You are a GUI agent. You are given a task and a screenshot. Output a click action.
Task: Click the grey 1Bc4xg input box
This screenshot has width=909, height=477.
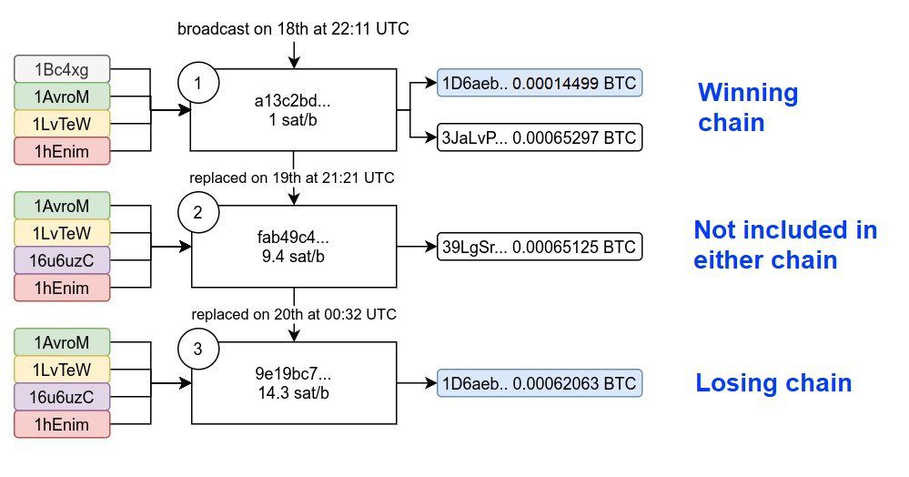[x=62, y=69]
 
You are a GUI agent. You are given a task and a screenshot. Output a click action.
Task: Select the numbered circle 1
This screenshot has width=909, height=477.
[x=198, y=83]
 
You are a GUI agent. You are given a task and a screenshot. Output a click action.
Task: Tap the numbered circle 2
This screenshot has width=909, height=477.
[x=198, y=212]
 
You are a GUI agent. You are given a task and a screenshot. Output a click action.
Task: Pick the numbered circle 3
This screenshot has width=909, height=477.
[x=198, y=349]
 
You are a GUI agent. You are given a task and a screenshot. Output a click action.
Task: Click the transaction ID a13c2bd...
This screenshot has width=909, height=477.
[x=292, y=101]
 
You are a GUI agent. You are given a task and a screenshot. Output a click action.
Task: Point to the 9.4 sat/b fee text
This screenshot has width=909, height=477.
[x=293, y=256]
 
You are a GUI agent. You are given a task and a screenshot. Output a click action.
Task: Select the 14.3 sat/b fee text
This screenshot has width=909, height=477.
[x=293, y=393]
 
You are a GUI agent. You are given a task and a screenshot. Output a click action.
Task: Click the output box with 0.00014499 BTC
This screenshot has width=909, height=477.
[x=540, y=83]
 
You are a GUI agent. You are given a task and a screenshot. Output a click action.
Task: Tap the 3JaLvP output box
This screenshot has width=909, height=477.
[x=540, y=137]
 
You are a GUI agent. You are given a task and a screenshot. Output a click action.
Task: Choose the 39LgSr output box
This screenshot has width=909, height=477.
[x=540, y=247]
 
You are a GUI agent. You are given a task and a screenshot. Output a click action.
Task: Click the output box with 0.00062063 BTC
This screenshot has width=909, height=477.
[x=540, y=383]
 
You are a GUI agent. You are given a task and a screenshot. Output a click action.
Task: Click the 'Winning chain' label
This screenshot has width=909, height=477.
[x=748, y=108]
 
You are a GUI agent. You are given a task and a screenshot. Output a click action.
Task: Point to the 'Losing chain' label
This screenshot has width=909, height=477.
[x=773, y=383]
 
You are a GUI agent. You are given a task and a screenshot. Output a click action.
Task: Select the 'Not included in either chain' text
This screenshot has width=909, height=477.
[x=785, y=245]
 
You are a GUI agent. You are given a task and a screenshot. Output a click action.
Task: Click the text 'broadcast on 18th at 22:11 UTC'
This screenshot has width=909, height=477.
[x=293, y=28]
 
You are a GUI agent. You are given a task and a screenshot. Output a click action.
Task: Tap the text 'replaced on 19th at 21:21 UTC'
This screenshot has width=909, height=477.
[x=292, y=178]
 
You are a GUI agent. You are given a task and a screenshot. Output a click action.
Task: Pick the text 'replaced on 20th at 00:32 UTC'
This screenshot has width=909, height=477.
[x=294, y=314]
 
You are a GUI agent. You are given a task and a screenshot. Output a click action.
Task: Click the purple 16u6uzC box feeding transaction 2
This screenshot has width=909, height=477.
[x=62, y=260]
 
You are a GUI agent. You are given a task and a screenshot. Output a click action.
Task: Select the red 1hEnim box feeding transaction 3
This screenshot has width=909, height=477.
[x=62, y=424]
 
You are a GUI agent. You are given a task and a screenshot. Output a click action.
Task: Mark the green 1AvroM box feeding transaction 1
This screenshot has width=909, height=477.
[x=62, y=96]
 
